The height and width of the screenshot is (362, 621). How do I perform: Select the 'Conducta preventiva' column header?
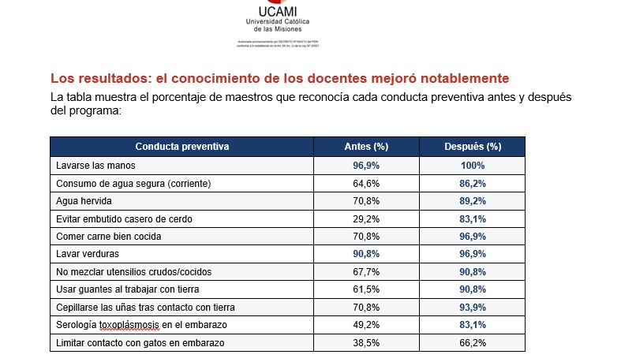pyautogui.click(x=181, y=147)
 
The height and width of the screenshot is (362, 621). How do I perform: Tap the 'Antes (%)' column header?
pyautogui.click(x=366, y=147)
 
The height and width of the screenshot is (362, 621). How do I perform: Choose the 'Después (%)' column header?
pyautogui.click(x=473, y=147)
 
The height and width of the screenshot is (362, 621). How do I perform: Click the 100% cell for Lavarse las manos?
pyautogui.click(x=473, y=166)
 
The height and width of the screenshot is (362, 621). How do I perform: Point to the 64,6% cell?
pyautogui.click(x=366, y=184)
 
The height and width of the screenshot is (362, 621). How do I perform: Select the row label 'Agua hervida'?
pyautogui.click(x=82, y=201)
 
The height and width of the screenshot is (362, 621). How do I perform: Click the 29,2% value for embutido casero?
pyautogui.click(x=366, y=218)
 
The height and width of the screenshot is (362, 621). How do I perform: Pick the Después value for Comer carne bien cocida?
pyautogui.click(x=473, y=237)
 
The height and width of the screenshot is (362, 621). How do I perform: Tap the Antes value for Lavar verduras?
pyautogui.click(x=366, y=254)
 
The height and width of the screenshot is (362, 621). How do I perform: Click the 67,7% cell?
pyautogui.click(x=366, y=272)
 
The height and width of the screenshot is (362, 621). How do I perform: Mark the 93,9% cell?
pyautogui.click(x=473, y=308)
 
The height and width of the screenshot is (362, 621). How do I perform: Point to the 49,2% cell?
pyautogui.click(x=366, y=325)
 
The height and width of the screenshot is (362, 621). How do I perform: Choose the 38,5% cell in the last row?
pyautogui.click(x=366, y=343)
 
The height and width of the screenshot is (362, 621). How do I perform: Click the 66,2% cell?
pyautogui.click(x=473, y=343)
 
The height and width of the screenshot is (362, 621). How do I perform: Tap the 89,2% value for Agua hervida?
pyautogui.click(x=473, y=201)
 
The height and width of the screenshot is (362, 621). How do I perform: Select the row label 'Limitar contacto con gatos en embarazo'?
pyautogui.click(x=140, y=343)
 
